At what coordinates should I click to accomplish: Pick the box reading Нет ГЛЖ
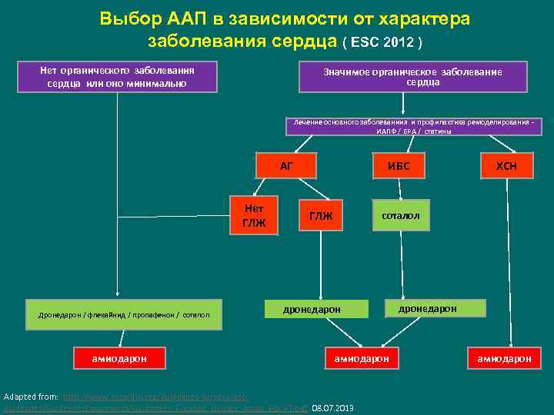pyautogui.click(x=254, y=216)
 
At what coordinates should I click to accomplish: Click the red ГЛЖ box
pyautogui.click(x=321, y=216)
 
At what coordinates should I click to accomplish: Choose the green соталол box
pyautogui.click(x=400, y=216)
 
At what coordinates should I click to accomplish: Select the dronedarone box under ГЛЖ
pyautogui.click(x=312, y=309)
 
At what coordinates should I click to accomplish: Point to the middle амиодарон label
pyautogui.click(x=362, y=358)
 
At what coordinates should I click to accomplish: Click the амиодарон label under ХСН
pyautogui.click(x=504, y=358)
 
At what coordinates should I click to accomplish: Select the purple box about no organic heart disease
pyautogui.click(x=117, y=77)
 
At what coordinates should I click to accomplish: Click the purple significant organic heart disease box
pyautogui.click(x=412, y=77)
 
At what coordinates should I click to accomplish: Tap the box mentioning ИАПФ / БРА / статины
pyautogui.click(x=414, y=127)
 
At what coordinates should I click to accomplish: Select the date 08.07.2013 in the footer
pyautogui.click(x=332, y=407)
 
